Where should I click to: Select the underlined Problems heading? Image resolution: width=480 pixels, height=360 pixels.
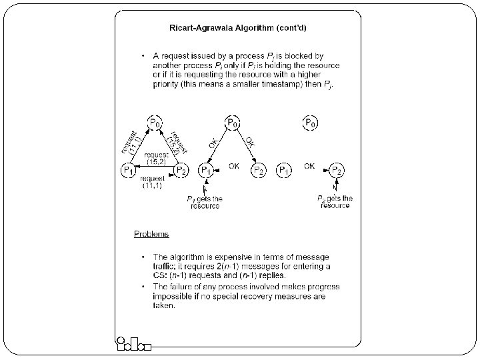pos(151,234)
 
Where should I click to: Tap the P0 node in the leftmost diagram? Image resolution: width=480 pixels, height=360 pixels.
pos(154,123)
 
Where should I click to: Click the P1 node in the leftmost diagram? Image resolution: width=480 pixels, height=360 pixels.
pos(127,171)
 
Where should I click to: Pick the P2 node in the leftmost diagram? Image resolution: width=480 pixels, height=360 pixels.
pos(181,171)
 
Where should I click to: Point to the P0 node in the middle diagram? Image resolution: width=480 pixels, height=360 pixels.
pos(233,123)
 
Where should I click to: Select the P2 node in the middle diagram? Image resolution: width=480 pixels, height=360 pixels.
pos(259,171)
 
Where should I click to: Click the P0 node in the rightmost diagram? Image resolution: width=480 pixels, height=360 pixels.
pos(311,123)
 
